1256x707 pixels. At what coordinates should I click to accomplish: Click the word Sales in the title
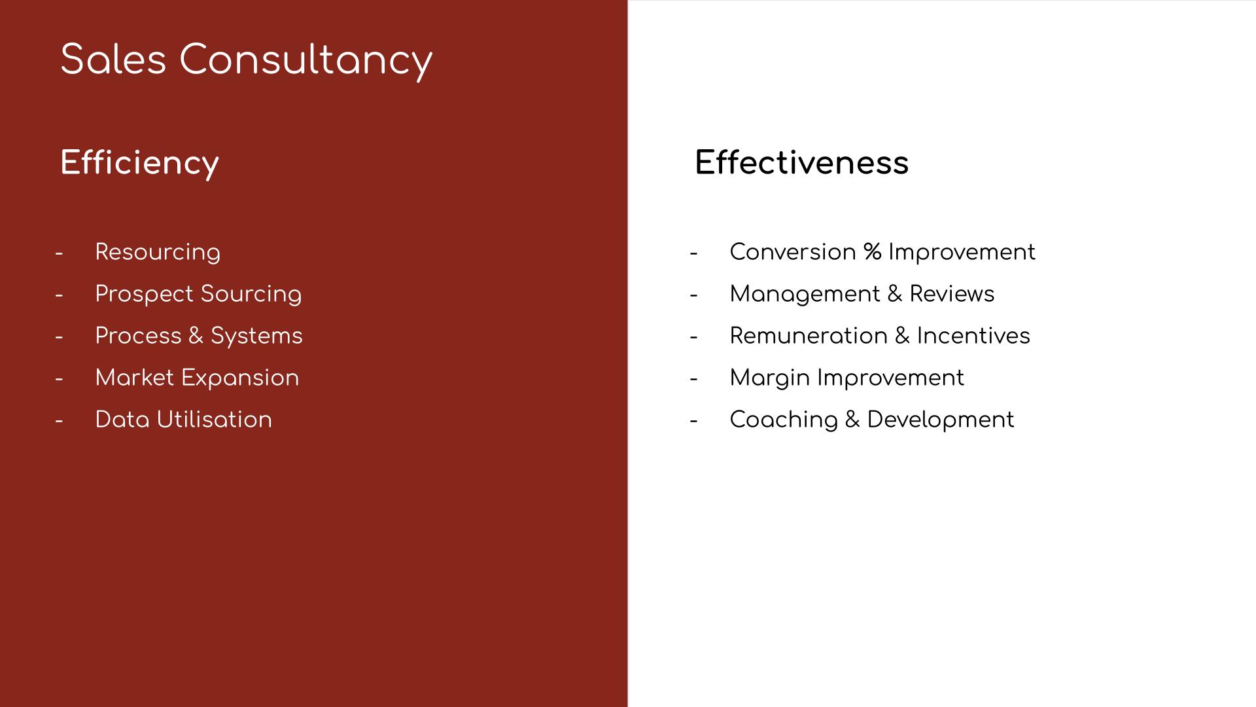click(x=113, y=60)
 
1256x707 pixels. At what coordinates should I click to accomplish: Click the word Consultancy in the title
click(x=306, y=62)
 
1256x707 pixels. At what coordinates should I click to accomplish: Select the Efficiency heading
click(x=139, y=164)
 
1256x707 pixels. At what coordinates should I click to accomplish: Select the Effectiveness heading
click(x=801, y=162)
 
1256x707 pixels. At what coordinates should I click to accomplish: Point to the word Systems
click(x=256, y=336)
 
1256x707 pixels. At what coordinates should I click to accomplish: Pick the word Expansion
click(x=239, y=378)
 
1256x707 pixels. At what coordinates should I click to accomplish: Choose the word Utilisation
click(x=214, y=420)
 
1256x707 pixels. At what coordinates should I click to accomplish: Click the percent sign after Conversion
click(x=872, y=252)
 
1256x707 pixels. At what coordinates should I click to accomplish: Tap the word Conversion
click(x=793, y=252)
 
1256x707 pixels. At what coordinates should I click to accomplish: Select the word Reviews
click(x=952, y=294)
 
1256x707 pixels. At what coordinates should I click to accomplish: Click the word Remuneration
click(x=809, y=336)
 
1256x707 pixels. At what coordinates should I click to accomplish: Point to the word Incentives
click(x=973, y=336)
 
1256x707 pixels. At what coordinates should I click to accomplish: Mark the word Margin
click(x=770, y=378)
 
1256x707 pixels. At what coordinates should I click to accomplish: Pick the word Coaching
click(x=784, y=420)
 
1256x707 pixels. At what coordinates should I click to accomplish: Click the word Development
click(x=941, y=420)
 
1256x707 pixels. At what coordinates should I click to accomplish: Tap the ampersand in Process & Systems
click(x=196, y=336)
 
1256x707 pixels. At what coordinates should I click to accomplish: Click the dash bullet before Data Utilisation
click(x=59, y=421)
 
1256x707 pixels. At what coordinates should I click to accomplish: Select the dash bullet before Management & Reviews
click(x=693, y=295)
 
